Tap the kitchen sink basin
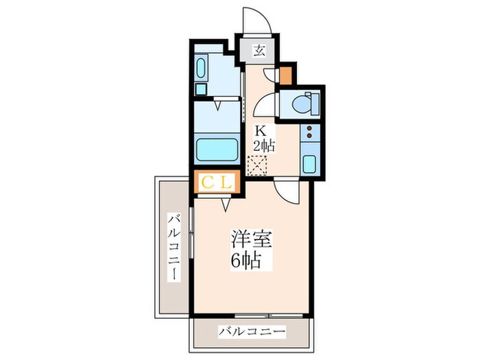(309, 164)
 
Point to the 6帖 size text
(248, 261)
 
